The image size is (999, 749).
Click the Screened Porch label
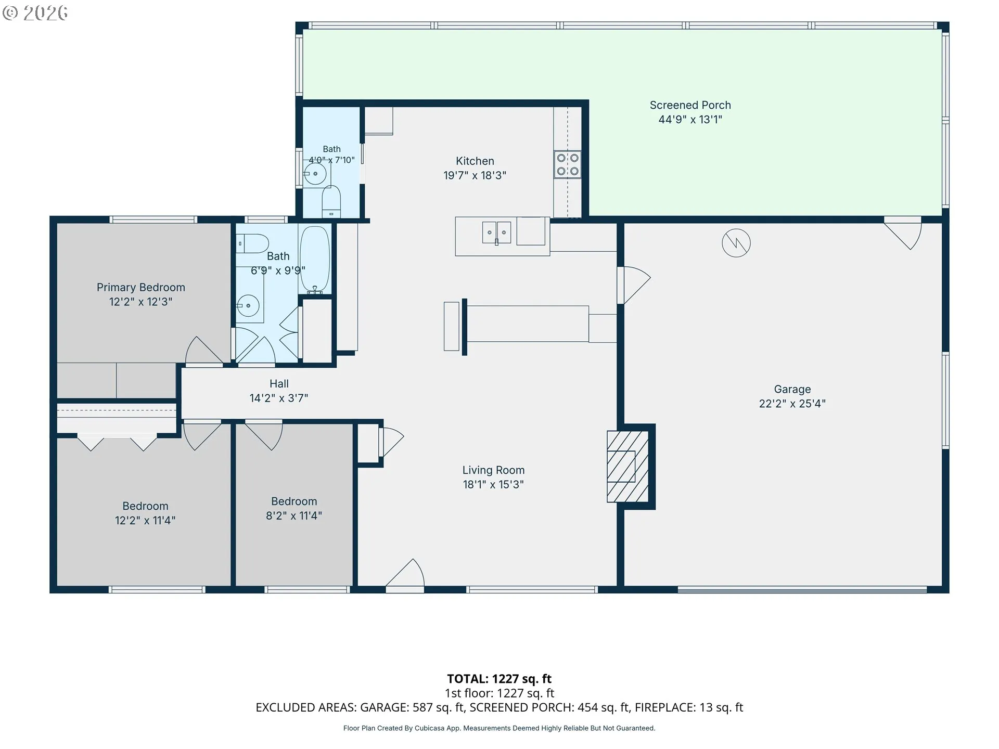(690, 105)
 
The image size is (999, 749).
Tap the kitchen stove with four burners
(567, 164)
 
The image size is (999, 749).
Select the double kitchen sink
(496, 232)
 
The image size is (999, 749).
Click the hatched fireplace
(627, 467)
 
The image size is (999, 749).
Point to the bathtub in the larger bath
(315, 259)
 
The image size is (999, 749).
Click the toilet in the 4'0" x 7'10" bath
(331, 201)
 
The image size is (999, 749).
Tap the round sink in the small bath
(315, 174)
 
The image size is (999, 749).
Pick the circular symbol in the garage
(736, 242)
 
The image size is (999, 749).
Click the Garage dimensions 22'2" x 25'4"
(792, 404)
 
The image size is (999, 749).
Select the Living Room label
(493, 470)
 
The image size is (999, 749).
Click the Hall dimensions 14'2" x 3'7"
(279, 398)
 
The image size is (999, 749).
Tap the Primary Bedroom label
(141, 288)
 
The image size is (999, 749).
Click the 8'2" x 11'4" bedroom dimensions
(294, 516)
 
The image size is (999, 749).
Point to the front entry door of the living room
(405, 575)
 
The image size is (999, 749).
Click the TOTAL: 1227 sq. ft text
(499, 679)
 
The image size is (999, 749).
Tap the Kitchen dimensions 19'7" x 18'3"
(475, 176)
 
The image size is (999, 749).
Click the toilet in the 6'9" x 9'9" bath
(252, 243)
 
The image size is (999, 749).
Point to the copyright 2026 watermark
(35, 13)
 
